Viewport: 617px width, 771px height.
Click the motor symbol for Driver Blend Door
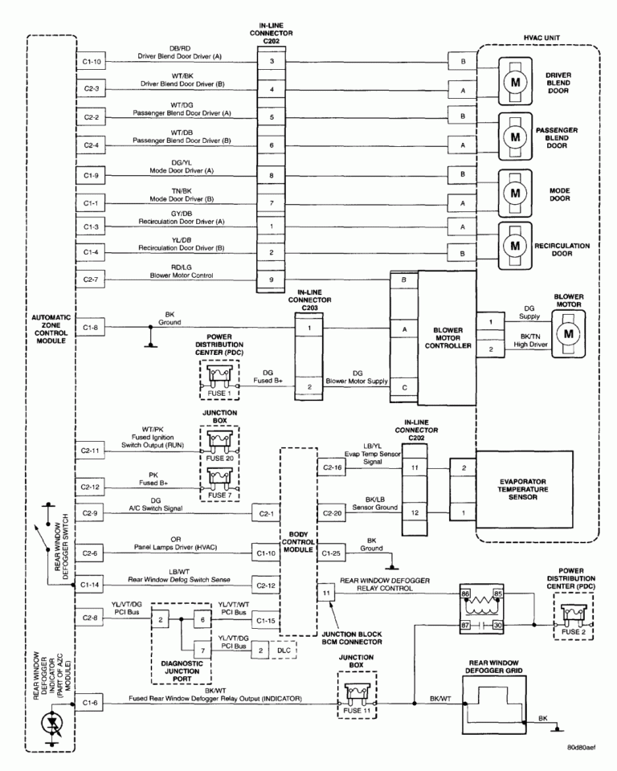click(x=512, y=80)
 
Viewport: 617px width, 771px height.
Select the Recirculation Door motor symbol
click(x=512, y=241)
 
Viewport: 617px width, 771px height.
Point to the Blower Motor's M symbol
click(x=569, y=332)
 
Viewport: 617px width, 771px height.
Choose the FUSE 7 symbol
click(x=220, y=480)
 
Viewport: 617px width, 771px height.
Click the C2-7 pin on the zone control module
click(x=91, y=279)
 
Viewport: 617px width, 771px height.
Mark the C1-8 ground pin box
click(x=91, y=327)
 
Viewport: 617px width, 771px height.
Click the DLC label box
click(x=281, y=648)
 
